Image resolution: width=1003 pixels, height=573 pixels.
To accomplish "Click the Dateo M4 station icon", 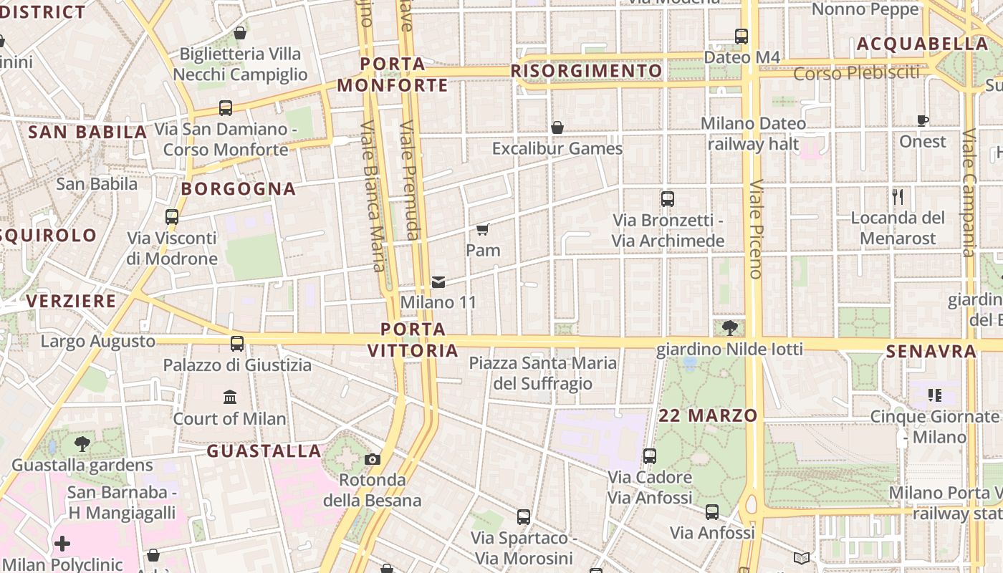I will click(x=742, y=36).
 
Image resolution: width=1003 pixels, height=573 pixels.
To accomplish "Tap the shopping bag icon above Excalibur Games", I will click(x=557, y=127).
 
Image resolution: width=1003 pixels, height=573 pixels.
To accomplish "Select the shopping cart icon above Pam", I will click(x=483, y=229).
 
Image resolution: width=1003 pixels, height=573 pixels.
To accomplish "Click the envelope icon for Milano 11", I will click(x=438, y=282).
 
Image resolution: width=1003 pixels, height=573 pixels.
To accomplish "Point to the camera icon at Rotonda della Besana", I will click(x=373, y=459).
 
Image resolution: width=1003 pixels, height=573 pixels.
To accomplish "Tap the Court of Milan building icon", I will click(x=230, y=397).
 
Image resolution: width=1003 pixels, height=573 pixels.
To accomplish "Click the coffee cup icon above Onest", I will click(x=923, y=120).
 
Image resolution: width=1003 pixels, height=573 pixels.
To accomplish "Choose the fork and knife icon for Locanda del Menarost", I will click(x=898, y=196).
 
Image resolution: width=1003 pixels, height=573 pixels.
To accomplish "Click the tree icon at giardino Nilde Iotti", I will click(x=730, y=328).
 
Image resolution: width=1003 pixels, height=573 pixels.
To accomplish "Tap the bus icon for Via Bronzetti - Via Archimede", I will click(x=668, y=199).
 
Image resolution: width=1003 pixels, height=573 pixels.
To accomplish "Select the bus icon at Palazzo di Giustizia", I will click(x=237, y=344).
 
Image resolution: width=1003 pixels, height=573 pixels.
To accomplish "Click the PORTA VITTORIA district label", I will click(x=413, y=340).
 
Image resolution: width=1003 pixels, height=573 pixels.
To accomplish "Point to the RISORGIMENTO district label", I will click(x=586, y=71).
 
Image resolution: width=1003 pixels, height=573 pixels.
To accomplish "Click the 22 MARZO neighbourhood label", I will click(x=708, y=415).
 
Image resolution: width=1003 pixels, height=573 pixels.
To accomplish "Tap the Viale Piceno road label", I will click(x=756, y=229).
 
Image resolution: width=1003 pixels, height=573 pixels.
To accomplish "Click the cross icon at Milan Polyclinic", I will click(x=62, y=544).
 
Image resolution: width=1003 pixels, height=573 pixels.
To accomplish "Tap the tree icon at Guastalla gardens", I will click(x=82, y=444).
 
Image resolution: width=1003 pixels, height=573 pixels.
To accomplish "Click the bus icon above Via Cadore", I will click(x=650, y=456).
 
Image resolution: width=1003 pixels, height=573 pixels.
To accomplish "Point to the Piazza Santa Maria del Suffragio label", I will click(x=542, y=373).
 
